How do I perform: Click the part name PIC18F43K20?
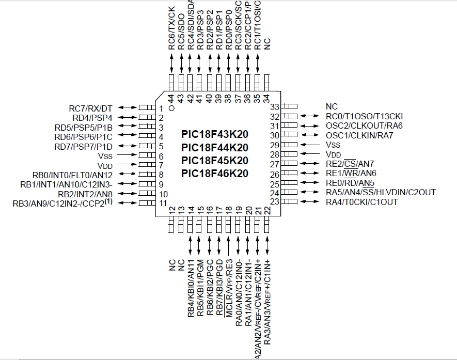214,134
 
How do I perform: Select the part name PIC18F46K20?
214,174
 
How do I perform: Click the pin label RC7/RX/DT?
90,108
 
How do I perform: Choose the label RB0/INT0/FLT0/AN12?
72,175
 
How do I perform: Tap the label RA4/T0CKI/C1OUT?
361,202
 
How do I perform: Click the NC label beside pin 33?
332,107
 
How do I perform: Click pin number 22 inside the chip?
267,210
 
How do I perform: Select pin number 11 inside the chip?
163,203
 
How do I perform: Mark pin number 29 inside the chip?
274,145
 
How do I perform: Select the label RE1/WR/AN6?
351,174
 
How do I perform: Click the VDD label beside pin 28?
334,154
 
